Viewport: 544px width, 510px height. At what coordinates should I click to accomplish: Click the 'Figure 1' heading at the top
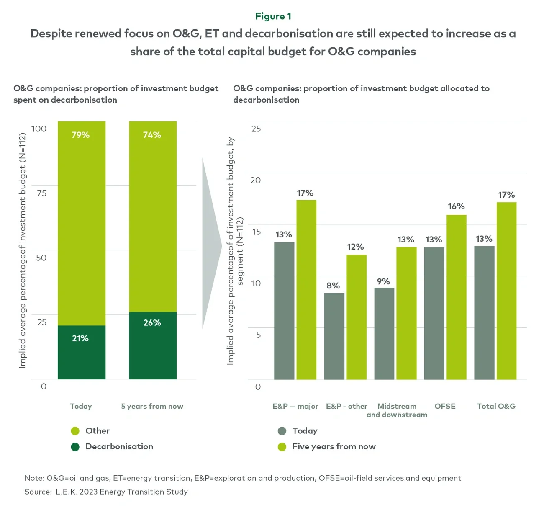click(x=273, y=16)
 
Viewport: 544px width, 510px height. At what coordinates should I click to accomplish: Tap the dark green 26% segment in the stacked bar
click(x=153, y=345)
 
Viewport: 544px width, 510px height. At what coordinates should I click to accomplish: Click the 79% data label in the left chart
click(x=81, y=135)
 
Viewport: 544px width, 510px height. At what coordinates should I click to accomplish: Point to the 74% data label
click(x=152, y=135)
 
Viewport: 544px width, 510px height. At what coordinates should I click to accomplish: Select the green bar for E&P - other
click(x=357, y=317)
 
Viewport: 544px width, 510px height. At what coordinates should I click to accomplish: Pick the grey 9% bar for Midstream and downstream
click(x=384, y=333)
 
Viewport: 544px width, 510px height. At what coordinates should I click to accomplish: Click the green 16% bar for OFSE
click(x=456, y=297)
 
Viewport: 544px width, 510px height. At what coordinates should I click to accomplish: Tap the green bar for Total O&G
click(x=506, y=291)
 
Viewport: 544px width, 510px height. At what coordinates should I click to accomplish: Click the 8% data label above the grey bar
click(x=333, y=286)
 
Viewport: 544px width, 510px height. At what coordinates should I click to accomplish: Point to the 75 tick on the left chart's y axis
click(x=41, y=193)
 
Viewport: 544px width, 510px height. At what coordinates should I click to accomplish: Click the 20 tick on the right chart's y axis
click(x=256, y=180)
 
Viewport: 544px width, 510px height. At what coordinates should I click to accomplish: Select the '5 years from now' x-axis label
click(x=152, y=406)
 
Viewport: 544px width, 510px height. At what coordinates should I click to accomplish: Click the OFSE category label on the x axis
click(x=445, y=406)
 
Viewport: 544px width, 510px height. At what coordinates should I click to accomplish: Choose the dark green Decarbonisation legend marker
click(x=75, y=447)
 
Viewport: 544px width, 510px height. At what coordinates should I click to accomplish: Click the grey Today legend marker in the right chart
click(x=282, y=431)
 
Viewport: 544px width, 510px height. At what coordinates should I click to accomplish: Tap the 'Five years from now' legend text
click(x=334, y=447)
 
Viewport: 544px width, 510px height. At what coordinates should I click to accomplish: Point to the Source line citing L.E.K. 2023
click(x=106, y=492)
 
